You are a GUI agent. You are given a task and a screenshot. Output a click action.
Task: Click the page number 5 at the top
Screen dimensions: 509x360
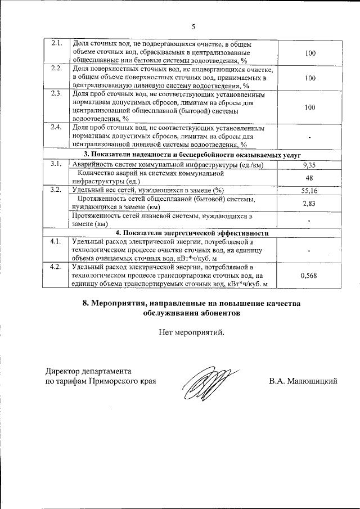point(193,26)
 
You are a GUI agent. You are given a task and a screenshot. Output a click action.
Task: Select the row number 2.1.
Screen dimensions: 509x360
point(56,44)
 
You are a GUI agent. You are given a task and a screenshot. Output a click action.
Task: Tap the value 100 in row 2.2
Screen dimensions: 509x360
point(310,78)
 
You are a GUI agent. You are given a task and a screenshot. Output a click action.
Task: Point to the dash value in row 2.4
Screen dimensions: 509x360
point(310,136)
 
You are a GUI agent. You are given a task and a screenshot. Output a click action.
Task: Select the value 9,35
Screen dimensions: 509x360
point(310,165)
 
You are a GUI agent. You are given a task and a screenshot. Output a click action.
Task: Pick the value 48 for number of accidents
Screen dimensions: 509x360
point(310,177)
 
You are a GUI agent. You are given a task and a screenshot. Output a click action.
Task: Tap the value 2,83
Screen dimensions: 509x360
point(310,203)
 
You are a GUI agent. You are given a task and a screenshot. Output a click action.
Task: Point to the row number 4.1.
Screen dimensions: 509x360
point(56,242)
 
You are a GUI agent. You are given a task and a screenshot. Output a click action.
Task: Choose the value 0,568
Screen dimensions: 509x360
point(310,275)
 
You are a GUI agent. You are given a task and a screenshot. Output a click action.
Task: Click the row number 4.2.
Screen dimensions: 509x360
point(56,267)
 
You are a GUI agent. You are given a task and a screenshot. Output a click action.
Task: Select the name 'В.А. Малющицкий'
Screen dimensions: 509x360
point(303,381)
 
